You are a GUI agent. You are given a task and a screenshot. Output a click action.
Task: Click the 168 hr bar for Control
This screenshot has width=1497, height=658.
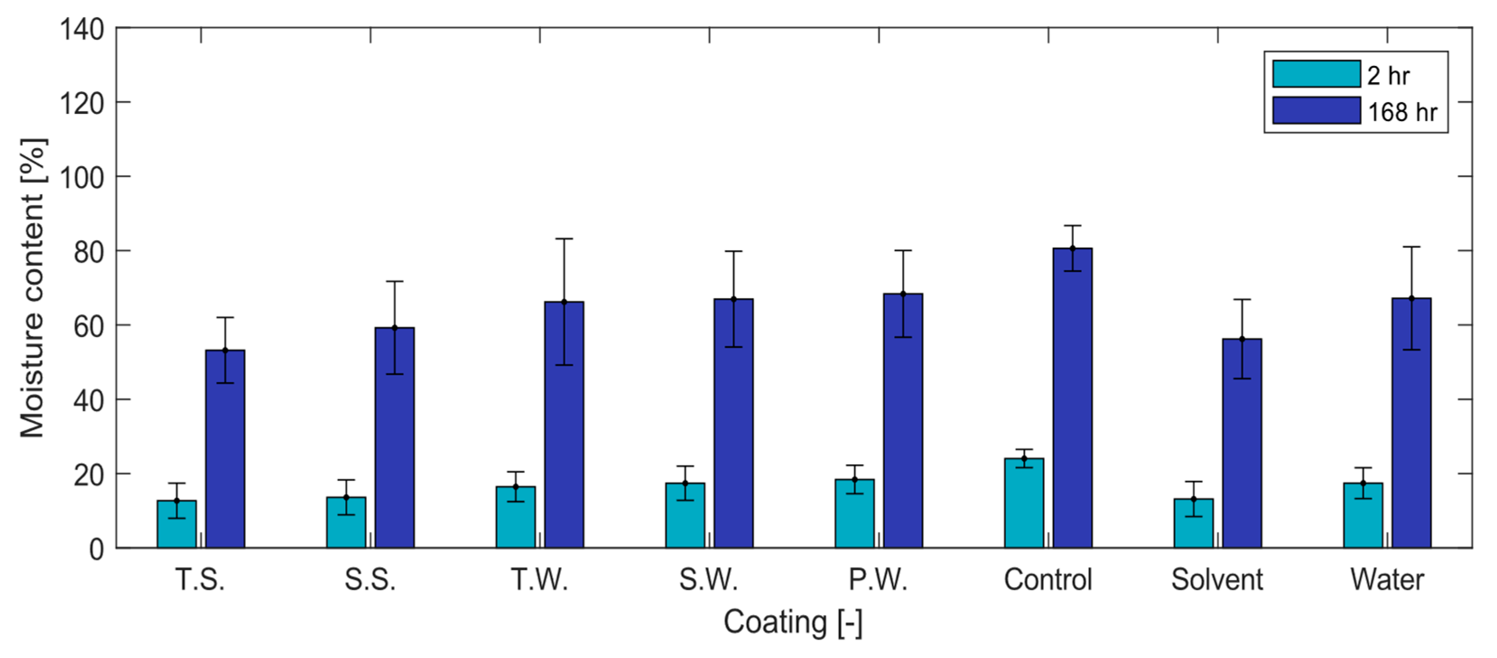pos(1072,401)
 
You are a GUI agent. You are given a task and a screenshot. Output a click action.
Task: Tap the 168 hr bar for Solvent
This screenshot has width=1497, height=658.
pos(1242,445)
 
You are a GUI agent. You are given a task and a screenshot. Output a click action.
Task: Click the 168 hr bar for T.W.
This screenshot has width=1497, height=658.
pos(564,427)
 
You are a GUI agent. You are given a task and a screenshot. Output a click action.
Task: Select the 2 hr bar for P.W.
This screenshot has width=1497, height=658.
pos(854,514)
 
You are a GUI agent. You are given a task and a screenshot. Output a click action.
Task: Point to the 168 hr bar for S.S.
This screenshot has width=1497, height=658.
pos(394,439)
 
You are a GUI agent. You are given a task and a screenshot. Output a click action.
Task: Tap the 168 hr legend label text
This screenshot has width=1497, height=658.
pos(1402,112)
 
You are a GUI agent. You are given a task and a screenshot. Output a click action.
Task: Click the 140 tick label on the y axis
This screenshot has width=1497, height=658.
pos(82,29)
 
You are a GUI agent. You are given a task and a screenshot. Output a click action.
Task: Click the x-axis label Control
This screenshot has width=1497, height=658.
pos(1048,579)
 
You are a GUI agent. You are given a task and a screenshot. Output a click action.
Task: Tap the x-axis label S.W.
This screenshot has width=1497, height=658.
pos(709,579)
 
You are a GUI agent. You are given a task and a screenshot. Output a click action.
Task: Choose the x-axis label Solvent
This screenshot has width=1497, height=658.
pos(1217,579)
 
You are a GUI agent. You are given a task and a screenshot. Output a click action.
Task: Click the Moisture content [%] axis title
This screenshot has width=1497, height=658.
pos(32,288)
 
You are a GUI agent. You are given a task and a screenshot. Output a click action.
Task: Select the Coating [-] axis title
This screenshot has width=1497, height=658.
pos(793,622)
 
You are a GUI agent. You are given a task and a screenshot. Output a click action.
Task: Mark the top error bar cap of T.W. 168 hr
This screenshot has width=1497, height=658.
pos(564,239)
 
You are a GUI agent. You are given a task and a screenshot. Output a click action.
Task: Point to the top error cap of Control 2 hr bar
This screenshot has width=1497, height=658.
pos(1024,449)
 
